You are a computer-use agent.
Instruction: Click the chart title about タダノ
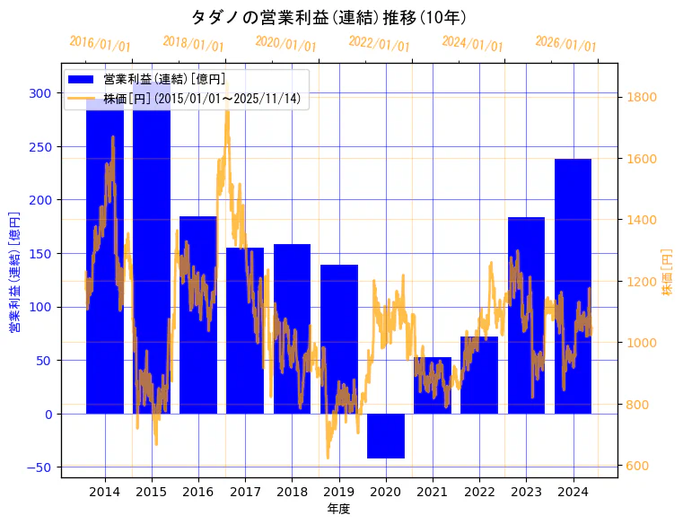tap(328, 17)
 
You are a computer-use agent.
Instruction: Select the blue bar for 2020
tap(386, 436)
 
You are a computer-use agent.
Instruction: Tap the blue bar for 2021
tap(433, 386)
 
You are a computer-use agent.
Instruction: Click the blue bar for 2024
tap(573, 287)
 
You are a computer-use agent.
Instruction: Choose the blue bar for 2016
tap(198, 314)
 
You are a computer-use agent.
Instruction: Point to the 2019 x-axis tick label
tap(338, 492)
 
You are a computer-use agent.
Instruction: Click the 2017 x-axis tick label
tap(245, 492)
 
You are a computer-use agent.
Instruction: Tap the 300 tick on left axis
tap(40, 93)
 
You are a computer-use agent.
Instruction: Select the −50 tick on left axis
tap(38, 467)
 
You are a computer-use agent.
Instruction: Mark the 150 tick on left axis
tap(40, 254)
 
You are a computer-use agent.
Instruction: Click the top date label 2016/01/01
tap(100, 45)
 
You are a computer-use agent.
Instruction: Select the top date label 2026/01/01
tap(565, 45)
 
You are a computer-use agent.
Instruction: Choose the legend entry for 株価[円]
tap(201, 99)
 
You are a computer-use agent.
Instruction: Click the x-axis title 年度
tap(338, 509)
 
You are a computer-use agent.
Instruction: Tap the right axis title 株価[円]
tap(668, 272)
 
